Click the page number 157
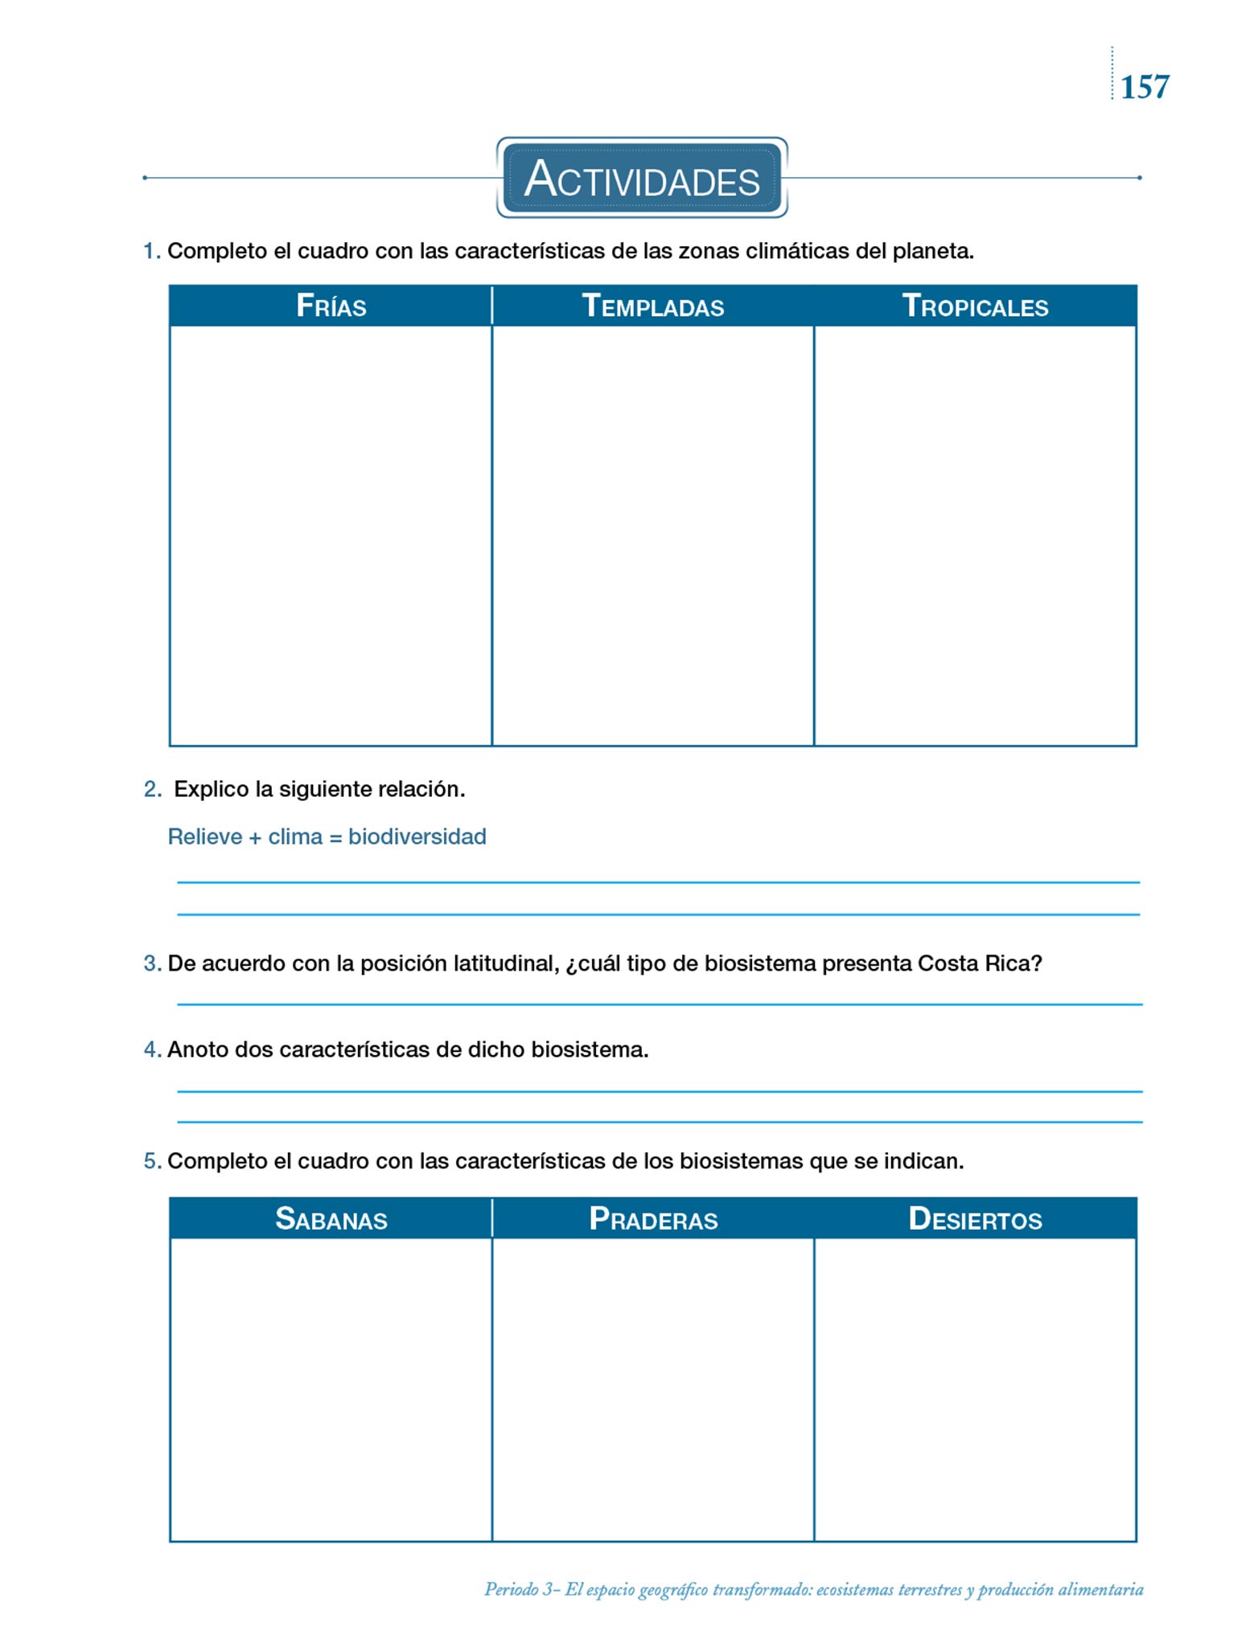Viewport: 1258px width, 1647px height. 1144,87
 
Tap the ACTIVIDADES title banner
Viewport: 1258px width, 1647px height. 642,178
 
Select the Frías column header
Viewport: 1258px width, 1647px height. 331,306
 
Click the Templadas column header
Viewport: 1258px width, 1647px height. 652,306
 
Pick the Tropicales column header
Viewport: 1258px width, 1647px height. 975,306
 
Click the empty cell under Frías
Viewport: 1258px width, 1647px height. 331,535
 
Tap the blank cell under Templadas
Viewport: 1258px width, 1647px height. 652,535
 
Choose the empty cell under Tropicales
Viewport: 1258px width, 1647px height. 975,535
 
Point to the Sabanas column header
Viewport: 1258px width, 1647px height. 331,1219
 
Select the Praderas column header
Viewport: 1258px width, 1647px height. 652,1219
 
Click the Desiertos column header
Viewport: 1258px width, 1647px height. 975,1219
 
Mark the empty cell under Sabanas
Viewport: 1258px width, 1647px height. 331,1390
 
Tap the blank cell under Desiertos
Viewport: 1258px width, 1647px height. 975,1390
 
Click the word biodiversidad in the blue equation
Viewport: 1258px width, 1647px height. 417,837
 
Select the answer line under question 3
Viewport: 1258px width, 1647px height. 660,1004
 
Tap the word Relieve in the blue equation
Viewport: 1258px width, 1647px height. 205,837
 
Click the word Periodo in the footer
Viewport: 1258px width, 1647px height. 512,1589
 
